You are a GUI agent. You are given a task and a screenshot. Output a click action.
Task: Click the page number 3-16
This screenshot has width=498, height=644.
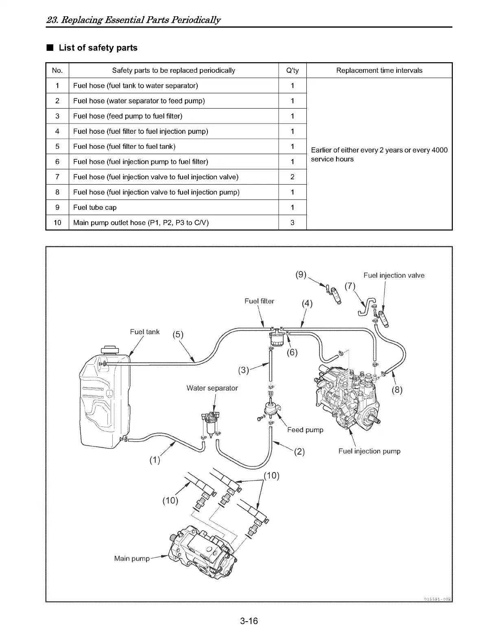(249, 621)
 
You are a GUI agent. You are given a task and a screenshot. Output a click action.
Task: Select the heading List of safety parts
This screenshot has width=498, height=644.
(98, 48)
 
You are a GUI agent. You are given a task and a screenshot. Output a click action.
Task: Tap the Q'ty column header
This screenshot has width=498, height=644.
(292, 70)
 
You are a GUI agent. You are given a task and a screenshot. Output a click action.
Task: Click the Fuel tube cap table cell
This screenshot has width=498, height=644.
(95, 207)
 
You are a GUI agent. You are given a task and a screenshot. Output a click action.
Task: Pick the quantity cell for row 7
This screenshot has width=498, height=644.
(292, 177)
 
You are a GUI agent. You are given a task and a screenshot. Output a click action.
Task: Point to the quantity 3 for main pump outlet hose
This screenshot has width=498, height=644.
(292, 222)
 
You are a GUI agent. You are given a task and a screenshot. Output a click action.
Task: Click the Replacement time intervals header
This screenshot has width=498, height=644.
(379, 70)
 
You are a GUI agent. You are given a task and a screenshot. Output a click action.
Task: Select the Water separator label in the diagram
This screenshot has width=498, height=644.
(212, 388)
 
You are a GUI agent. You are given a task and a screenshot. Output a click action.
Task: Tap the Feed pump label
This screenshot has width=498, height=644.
(305, 430)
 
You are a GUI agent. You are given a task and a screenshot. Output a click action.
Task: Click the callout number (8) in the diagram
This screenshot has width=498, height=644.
(397, 390)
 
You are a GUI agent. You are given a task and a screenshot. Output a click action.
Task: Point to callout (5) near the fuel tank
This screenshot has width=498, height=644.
(178, 335)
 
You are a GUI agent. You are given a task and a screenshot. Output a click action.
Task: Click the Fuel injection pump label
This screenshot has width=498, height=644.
(369, 451)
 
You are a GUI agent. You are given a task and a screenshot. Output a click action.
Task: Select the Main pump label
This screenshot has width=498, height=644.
(132, 558)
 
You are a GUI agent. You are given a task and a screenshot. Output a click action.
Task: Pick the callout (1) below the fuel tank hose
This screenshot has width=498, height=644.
(155, 460)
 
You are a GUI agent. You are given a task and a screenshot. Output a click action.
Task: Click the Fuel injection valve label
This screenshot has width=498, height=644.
(394, 275)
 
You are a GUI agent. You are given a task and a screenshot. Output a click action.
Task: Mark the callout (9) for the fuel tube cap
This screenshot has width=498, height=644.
(301, 274)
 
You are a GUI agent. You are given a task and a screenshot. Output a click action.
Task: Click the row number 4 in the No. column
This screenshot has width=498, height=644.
(57, 131)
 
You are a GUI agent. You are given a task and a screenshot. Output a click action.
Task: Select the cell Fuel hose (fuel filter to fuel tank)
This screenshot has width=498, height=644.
(124, 146)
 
